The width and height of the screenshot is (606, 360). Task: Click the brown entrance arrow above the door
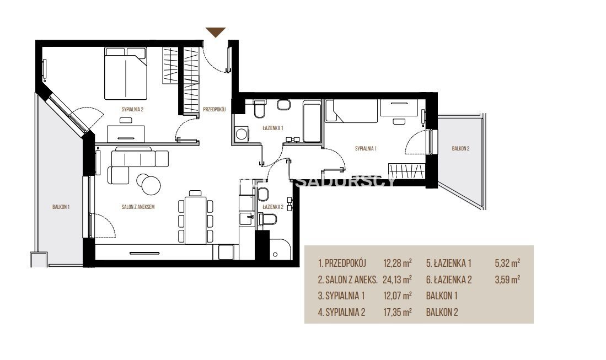[216, 32]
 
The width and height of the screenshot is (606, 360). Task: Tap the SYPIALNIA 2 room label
[132, 109]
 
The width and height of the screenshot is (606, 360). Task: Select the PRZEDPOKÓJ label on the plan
[214, 109]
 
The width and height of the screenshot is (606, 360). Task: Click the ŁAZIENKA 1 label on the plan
[273, 128]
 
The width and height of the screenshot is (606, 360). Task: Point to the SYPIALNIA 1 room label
[366, 148]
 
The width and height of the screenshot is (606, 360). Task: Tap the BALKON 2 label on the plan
[460, 148]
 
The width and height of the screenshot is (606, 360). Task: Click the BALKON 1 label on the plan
[61, 207]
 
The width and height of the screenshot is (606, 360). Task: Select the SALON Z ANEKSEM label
[138, 207]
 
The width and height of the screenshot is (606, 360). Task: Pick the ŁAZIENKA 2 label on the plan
[273, 207]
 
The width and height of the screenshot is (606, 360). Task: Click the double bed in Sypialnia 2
[126, 73]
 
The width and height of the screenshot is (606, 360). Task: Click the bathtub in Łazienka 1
[312, 121]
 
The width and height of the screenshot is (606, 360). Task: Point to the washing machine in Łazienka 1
[242, 134]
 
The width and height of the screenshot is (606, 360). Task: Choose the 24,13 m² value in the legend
[397, 280]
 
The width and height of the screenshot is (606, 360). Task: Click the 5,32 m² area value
[507, 263]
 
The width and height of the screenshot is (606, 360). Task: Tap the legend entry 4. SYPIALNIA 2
[341, 312]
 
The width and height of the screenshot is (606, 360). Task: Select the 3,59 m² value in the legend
[507, 280]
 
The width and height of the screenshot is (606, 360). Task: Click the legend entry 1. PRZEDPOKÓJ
[342, 263]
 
